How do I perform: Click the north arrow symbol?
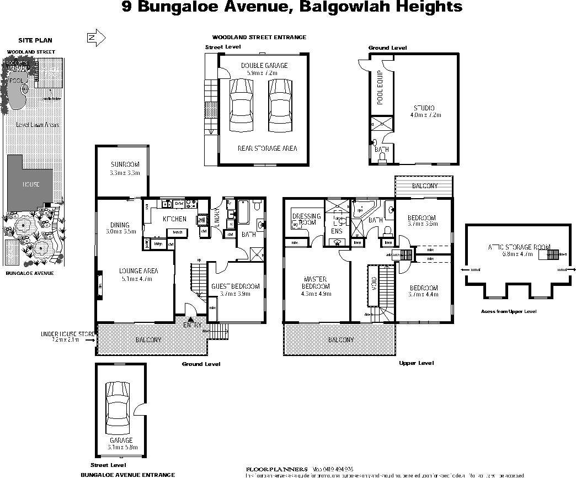(x=96, y=38)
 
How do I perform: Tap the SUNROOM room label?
(x=125, y=164)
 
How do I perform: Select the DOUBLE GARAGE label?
(x=264, y=66)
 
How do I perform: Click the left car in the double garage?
(x=240, y=105)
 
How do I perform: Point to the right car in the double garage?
(x=280, y=105)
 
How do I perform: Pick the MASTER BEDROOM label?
(x=316, y=283)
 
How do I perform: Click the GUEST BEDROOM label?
(x=235, y=286)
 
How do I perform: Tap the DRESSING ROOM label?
(x=306, y=219)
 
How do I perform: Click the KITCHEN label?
(x=174, y=219)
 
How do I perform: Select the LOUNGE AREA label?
(x=138, y=271)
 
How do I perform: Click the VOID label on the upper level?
(x=374, y=283)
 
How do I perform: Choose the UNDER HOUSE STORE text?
(x=68, y=334)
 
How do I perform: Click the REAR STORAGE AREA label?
(x=267, y=148)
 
